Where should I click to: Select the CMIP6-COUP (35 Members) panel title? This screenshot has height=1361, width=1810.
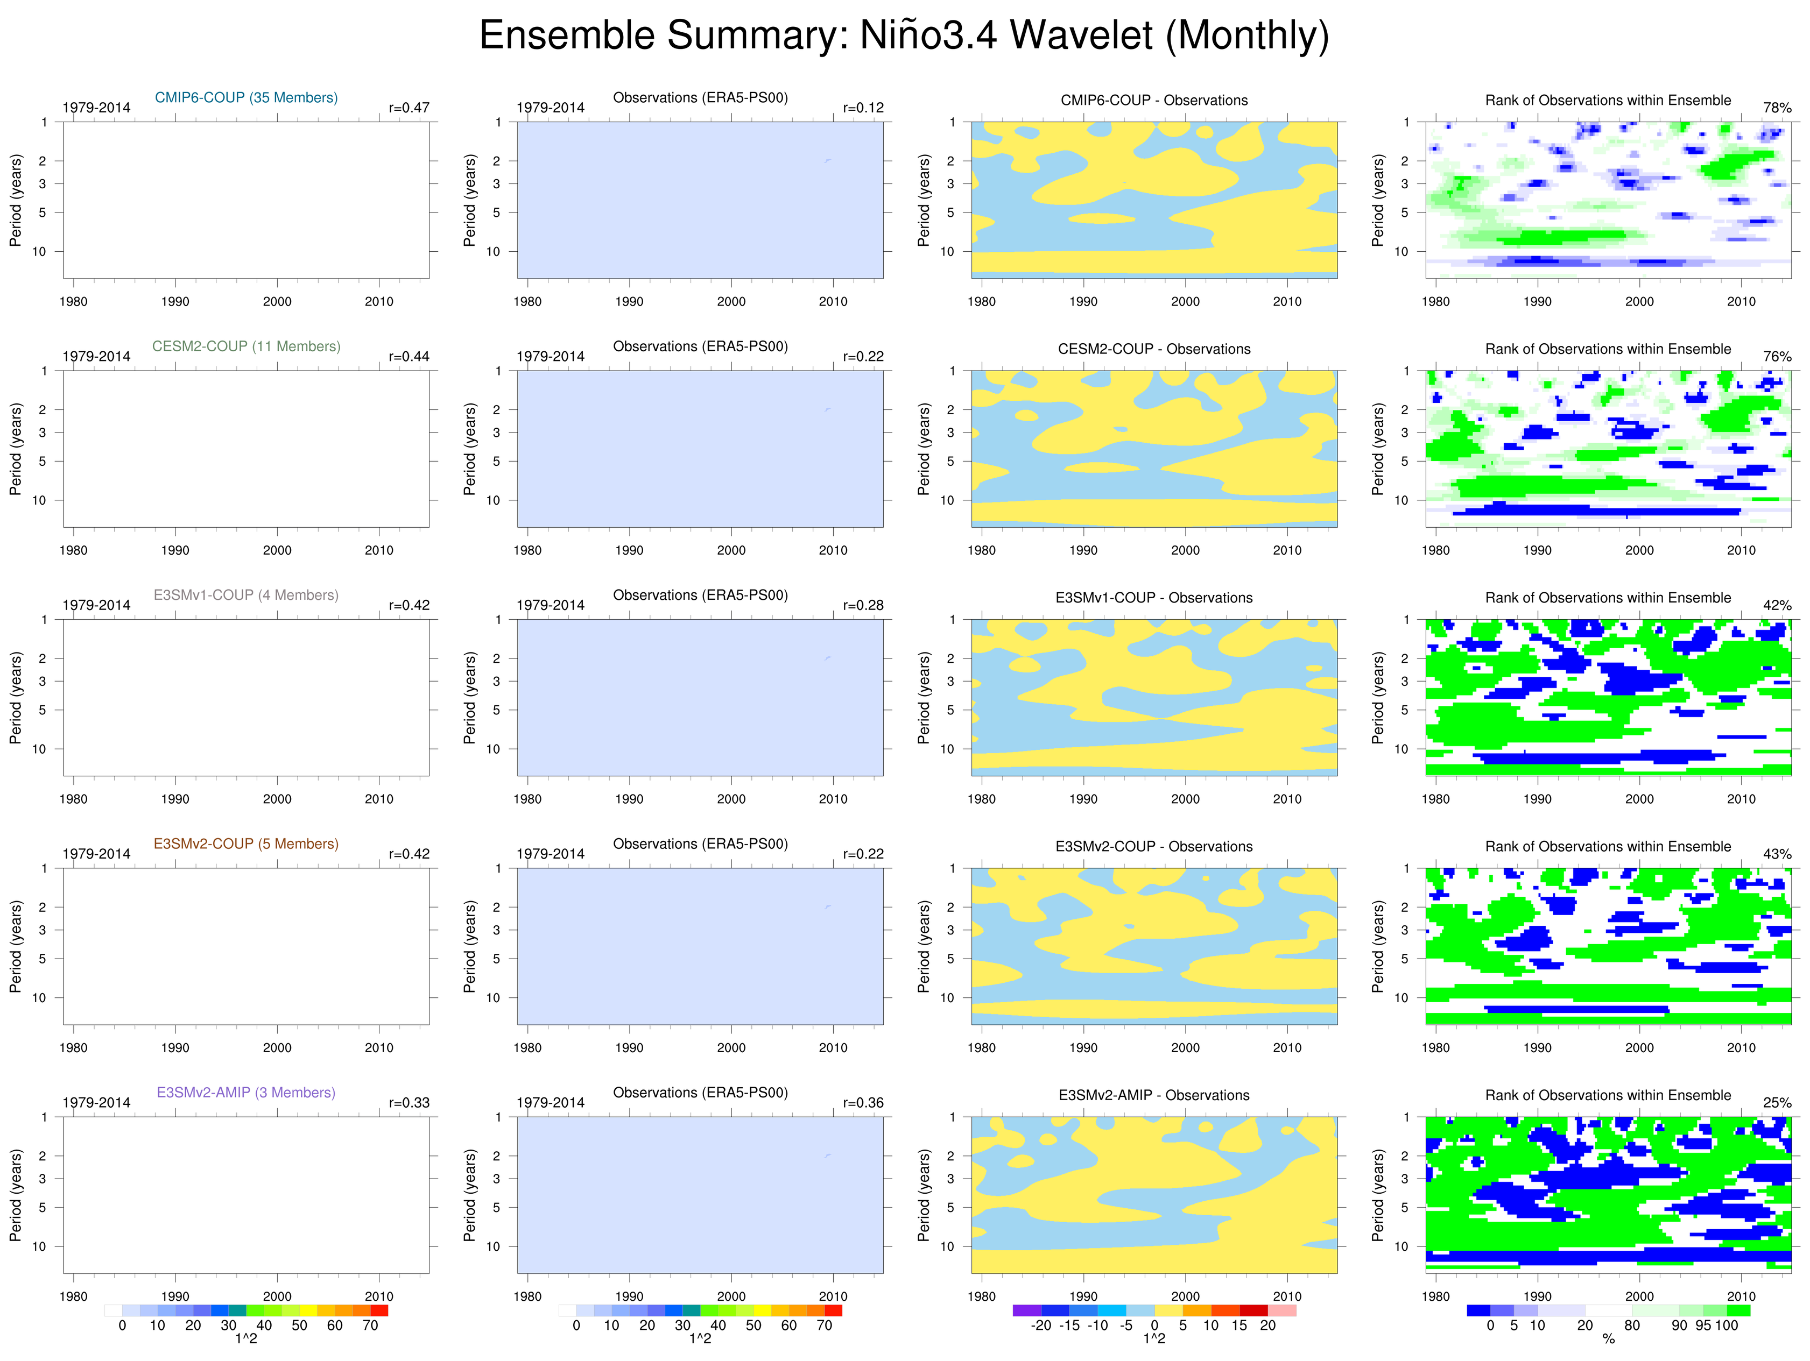[247, 97]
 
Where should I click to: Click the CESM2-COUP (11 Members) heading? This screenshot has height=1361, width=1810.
[247, 346]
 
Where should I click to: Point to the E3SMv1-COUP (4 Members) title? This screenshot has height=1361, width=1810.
[247, 594]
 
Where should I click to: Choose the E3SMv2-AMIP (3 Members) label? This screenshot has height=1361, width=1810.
[247, 1092]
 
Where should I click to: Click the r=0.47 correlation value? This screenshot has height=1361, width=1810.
[409, 108]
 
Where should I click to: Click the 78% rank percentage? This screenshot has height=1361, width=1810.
[1777, 108]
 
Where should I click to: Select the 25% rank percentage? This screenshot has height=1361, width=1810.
[1777, 1103]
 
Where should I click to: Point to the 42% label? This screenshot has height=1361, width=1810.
[1777, 605]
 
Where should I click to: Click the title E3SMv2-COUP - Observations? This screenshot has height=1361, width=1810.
[1154, 847]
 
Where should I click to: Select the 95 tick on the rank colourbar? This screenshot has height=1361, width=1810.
[1703, 1325]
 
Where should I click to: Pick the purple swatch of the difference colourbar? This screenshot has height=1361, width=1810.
[1026, 1310]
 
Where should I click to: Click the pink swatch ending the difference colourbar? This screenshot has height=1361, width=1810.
[1281, 1310]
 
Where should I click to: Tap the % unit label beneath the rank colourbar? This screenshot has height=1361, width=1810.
[1608, 1339]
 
